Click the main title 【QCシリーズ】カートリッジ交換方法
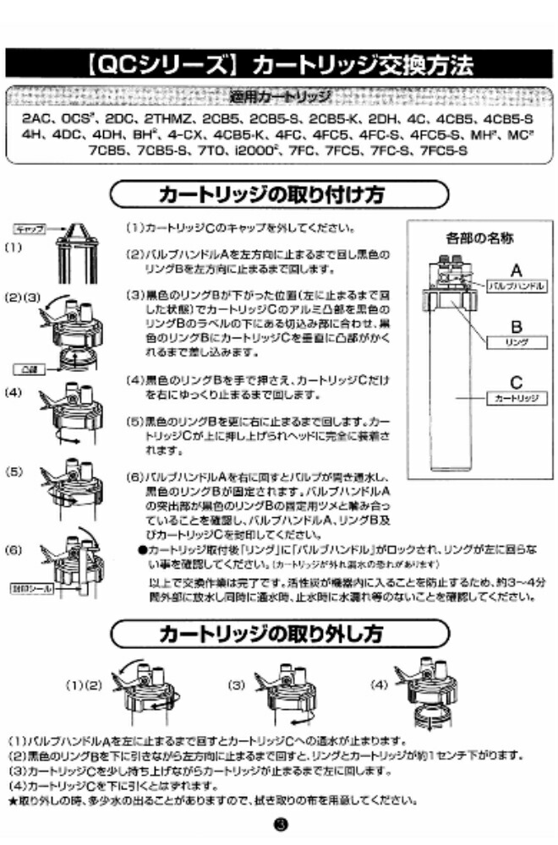[278, 65]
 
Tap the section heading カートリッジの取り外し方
[278, 633]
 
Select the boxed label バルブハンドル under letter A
[515, 287]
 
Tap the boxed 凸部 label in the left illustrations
[28, 369]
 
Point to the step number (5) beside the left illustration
[14, 472]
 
